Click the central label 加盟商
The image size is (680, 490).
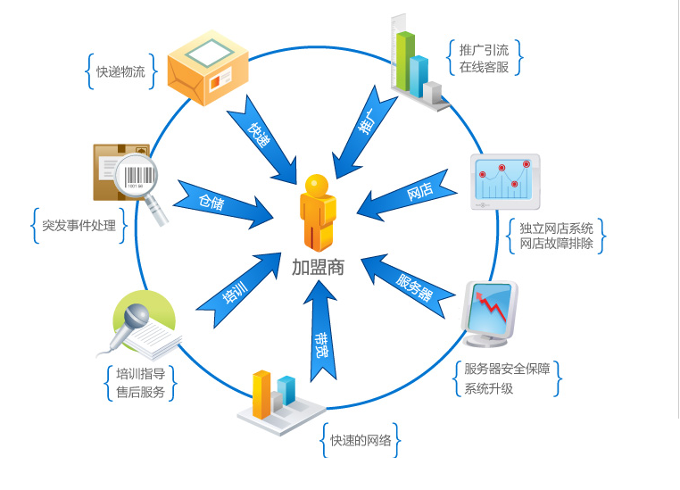point(318,266)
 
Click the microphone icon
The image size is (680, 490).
point(134,320)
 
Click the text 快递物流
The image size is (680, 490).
point(120,72)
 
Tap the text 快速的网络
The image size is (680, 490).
point(361,440)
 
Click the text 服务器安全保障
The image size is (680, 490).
point(507,369)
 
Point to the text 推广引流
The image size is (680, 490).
point(484,49)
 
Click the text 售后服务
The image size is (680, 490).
point(140,391)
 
